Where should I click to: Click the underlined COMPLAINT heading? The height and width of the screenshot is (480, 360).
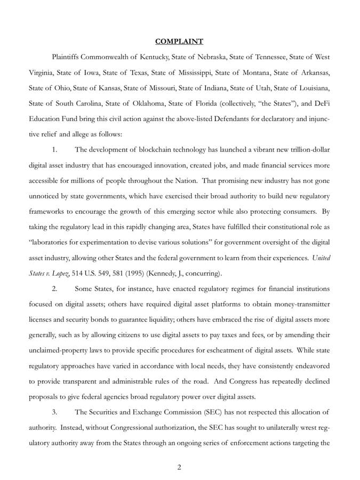click(179, 41)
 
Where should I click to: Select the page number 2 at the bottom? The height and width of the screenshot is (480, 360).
click(179, 468)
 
